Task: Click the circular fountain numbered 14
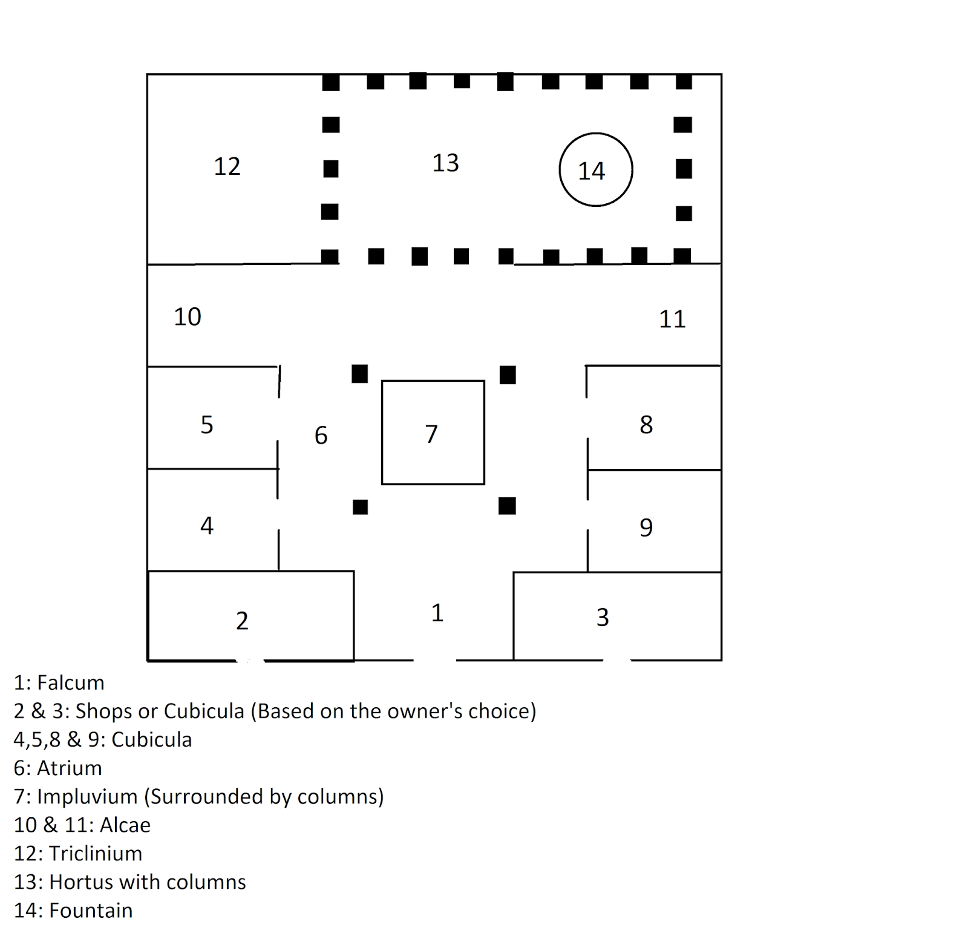[x=595, y=170]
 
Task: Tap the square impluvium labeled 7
[x=433, y=433]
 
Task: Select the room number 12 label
[x=227, y=166]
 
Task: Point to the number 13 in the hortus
[x=445, y=163]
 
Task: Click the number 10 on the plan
[x=188, y=317]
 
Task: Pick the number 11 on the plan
[x=672, y=319]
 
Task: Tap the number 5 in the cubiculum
[x=207, y=425]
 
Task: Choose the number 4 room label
[x=207, y=525]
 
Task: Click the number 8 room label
[x=646, y=425]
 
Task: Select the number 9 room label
[x=646, y=528]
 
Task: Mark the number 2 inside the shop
[x=242, y=621]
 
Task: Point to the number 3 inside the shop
[x=603, y=617]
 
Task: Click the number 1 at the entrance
[x=437, y=613]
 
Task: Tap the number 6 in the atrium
[x=321, y=436]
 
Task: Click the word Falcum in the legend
[x=71, y=683]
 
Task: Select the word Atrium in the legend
[x=70, y=768]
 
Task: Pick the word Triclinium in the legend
[x=96, y=854]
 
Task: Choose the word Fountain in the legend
[x=91, y=911]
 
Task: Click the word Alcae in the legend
[x=125, y=825]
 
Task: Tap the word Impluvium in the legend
[x=87, y=797]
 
